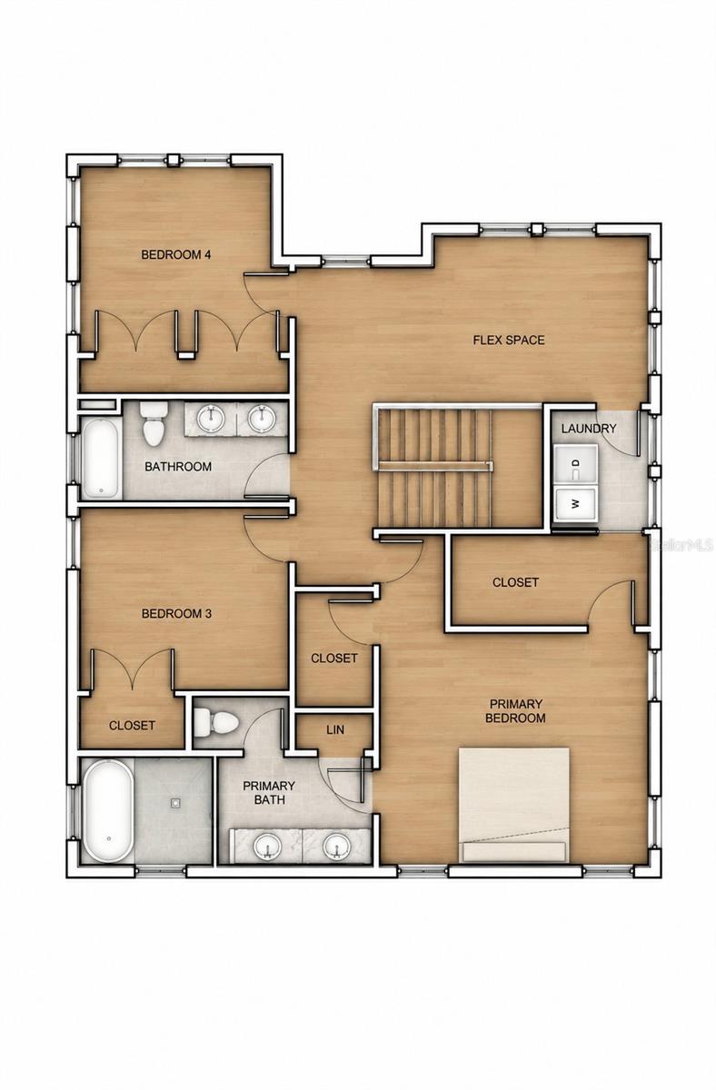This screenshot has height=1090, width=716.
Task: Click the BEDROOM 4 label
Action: tap(175, 254)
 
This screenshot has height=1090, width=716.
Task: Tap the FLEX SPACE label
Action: tap(509, 340)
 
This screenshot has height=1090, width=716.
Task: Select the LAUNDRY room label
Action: tap(589, 429)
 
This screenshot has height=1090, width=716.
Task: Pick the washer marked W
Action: tap(576, 503)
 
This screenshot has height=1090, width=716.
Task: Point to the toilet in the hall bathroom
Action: tap(154, 423)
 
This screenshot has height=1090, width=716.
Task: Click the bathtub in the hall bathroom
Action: tap(101, 459)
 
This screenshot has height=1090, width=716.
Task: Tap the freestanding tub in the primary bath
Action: tap(108, 810)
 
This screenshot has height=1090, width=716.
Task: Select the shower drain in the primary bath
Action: tap(175, 802)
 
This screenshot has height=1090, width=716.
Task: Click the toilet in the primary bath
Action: tap(216, 723)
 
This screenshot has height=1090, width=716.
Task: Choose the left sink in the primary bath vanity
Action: tap(267, 847)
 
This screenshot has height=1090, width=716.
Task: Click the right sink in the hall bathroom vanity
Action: tap(262, 418)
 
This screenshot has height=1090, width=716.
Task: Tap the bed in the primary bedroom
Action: tap(514, 806)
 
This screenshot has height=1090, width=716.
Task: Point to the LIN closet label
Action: tap(335, 730)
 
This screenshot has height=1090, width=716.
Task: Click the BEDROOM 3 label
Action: tap(176, 614)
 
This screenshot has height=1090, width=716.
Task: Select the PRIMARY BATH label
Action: tap(269, 793)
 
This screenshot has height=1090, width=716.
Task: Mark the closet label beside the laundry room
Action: tap(515, 582)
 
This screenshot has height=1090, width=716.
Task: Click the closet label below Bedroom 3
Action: tap(132, 726)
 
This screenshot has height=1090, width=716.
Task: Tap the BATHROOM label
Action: tap(178, 467)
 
